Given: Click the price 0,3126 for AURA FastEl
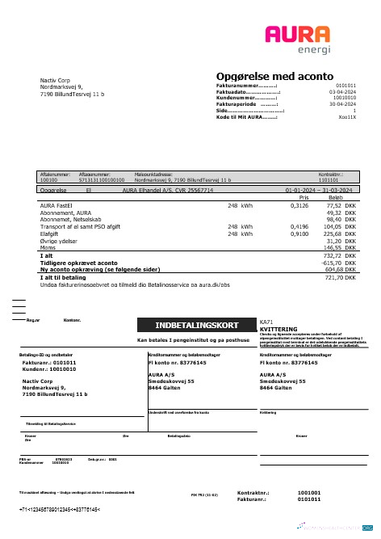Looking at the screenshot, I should (299, 206).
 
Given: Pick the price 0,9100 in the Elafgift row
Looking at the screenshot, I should (299, 234).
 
